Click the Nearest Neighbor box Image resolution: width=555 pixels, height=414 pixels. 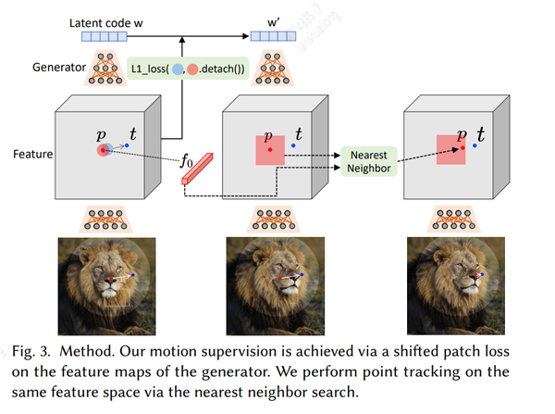(x=368, y=162)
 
